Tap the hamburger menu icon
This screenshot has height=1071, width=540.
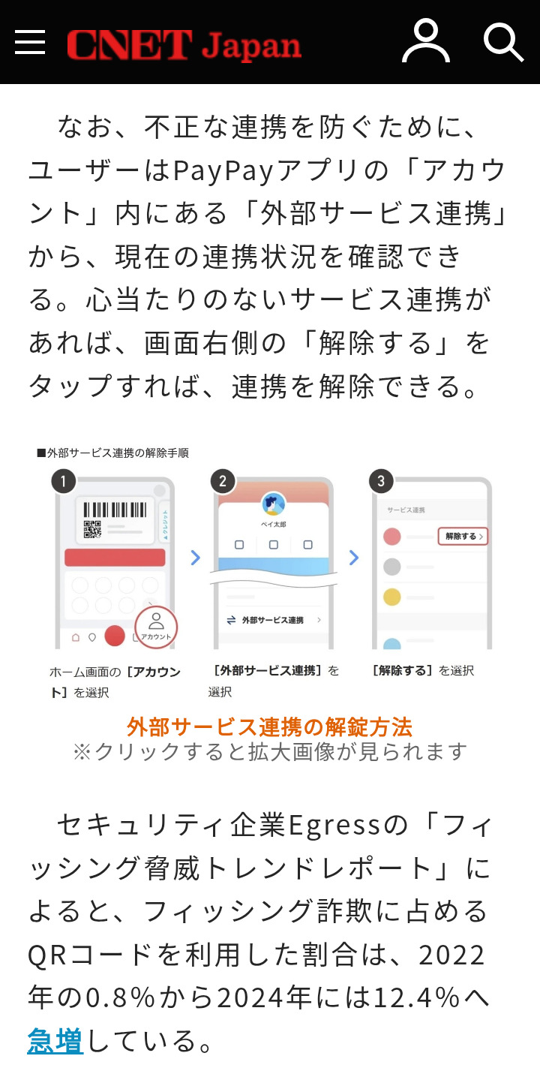tap(30, 41)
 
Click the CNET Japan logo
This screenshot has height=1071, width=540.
tap(184, 45)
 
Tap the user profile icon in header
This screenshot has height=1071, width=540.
tap(426, 41)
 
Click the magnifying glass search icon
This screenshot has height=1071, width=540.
tap(504, 43)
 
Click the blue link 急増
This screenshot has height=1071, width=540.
tap(55, 1041)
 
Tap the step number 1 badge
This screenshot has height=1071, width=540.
tap(64, 481)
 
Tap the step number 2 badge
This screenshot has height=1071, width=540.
tap(223, 481)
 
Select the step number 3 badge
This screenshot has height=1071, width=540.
tap(381, 481)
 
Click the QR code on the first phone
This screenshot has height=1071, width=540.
tap(93, 529)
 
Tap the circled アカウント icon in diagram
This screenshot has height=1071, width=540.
tap(156, 627)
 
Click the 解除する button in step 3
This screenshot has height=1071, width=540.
tap(463, 537)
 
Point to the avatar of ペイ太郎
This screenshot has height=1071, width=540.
tap(274, 504)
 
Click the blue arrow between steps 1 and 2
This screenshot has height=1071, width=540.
tap(196, 558)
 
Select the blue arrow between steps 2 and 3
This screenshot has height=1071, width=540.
tap(354, 558)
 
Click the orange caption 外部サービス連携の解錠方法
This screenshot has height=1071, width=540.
tap(269, 727)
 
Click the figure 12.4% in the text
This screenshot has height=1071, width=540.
tap(417, 998)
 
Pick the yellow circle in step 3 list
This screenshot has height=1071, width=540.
tap(391, 597)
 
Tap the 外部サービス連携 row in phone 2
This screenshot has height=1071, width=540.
tap(273, 620)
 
